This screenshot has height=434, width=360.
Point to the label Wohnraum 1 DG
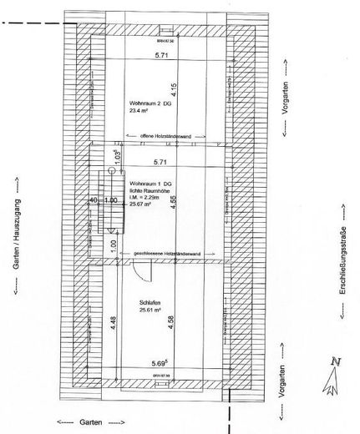(x=148, y=183)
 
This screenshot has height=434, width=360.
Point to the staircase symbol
(x=107, y=200)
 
